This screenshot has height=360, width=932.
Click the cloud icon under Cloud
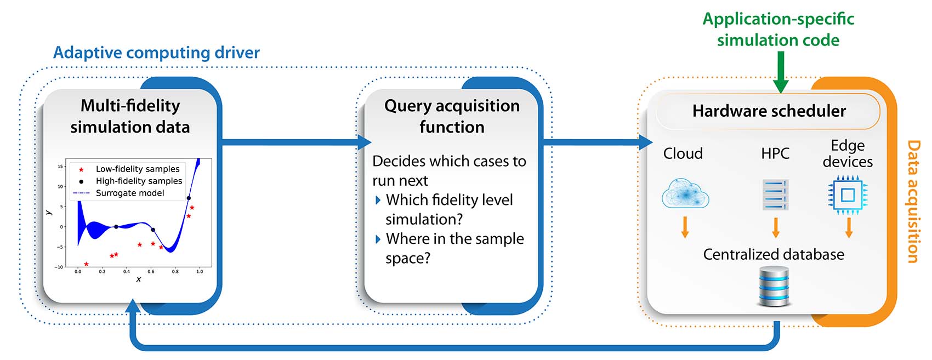click(x=685, y=193)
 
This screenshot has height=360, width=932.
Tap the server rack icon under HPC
click(x=775, y=195)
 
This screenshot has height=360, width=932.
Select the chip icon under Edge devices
click(x=848, y=195)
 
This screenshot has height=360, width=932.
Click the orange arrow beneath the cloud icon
click(x=685, y=227)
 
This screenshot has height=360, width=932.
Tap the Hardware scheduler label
click(x=769, y=111)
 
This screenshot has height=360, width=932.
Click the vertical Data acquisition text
click(x=913, y=201)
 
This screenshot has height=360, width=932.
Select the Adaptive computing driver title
click(x=156, y=53)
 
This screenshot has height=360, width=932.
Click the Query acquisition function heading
click(x=452, y=116)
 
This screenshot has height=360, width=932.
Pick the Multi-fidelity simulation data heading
click(x=130, y=116)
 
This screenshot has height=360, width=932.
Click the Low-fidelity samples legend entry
click(x=137, y=169)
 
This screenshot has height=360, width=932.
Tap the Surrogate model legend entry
click(x=129, y=193)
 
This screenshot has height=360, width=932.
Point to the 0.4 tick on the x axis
click(x=127, y=271)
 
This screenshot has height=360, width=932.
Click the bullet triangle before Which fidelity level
click(x=378, y=201)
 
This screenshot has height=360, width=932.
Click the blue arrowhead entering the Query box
click(x=365, y=142)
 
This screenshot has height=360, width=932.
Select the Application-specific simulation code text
click(x=778, y=30)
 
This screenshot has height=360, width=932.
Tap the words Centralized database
click(x=773, y=254)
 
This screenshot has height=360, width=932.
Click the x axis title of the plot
click(x=138, y=279)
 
